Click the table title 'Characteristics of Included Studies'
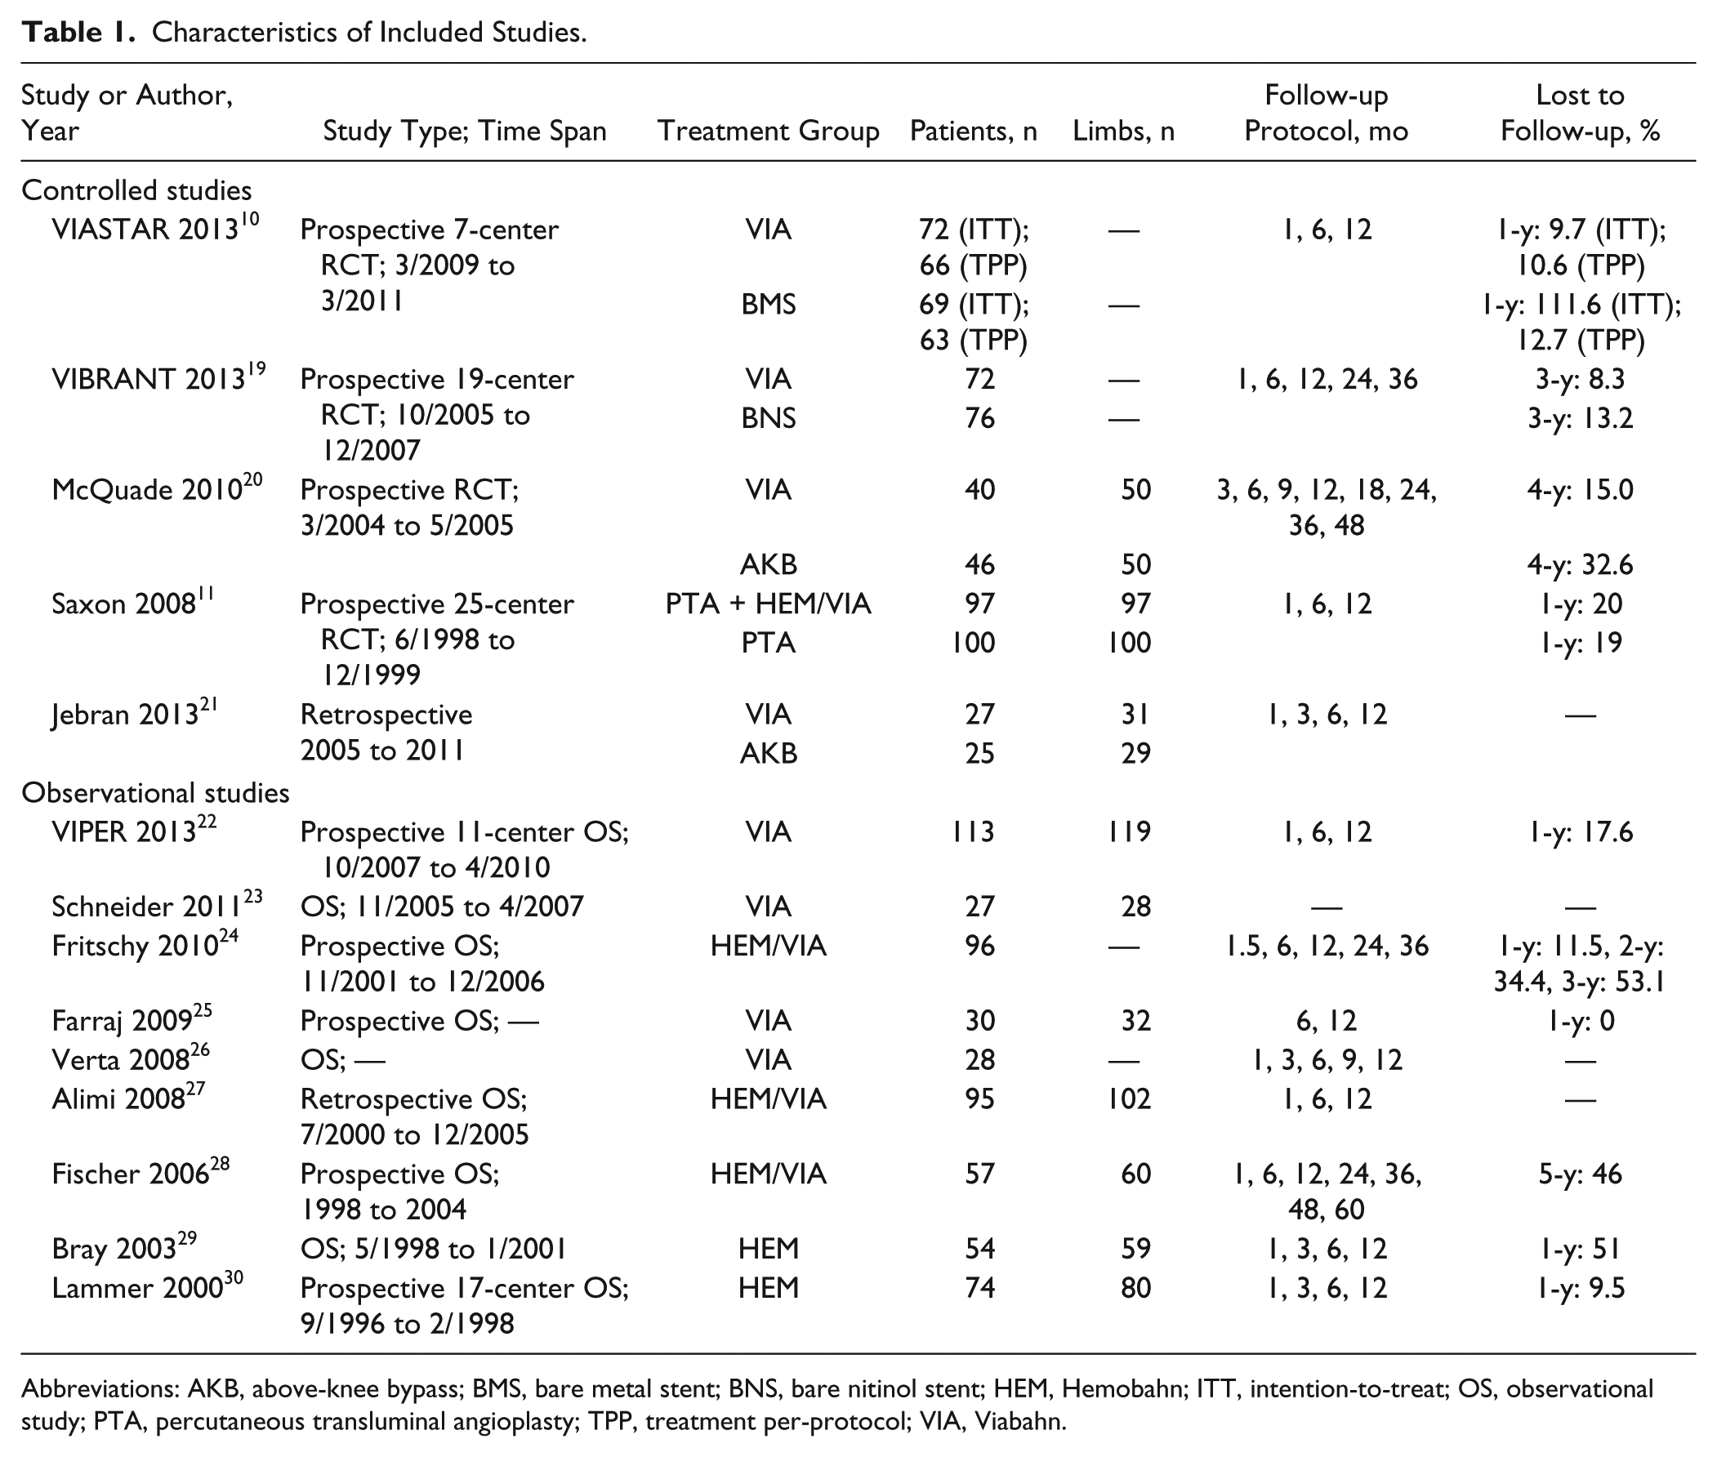click(369, 32)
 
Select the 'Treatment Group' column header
click(768, 131)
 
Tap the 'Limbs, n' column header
click(1123, 131)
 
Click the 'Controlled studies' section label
click(136, 191)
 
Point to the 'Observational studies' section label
click(155, 793)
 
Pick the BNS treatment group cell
click(768, 418)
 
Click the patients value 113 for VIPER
click(973, 831)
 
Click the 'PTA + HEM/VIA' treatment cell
click(768, 604)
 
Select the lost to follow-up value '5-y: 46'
click(1580, 1174)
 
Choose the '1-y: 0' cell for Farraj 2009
click(1580, 1022)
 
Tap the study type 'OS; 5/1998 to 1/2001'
click(434, 1249)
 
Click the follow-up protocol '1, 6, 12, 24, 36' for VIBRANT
click(1327, 379)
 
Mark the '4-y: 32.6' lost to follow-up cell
click(1580, 565)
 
